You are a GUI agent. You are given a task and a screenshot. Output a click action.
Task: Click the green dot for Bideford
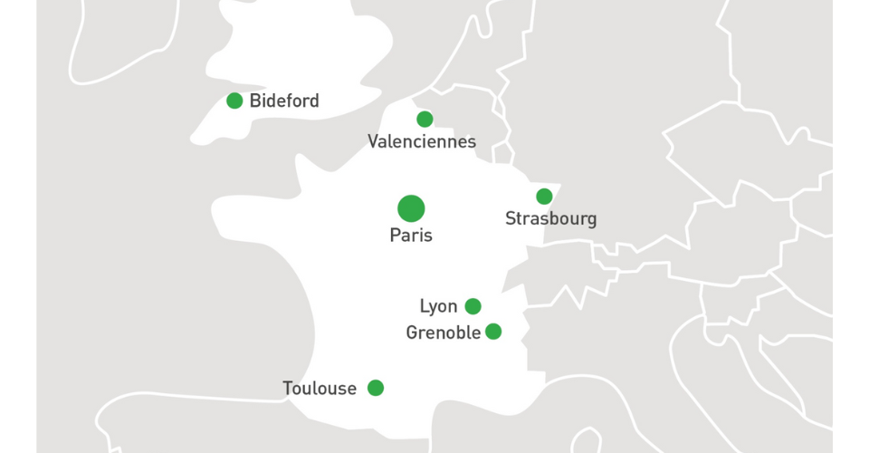(x=234, y=101)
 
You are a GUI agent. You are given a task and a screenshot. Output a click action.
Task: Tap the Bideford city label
(x=284, y=101)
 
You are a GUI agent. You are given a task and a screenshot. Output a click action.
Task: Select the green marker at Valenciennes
(x=425, y=119)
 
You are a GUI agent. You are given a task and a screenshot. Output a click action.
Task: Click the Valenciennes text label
(x=422, y=141)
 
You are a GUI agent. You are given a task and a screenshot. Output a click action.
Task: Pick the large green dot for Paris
(x=411, y=208)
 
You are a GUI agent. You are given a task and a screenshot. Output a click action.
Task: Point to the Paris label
(x=411, y=236)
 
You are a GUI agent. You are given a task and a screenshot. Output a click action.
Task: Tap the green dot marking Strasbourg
(x=544, y=197)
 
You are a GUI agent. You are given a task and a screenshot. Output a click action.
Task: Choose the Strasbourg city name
(x=551, y=219)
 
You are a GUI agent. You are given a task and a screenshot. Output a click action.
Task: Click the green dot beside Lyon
(x=473, y=306)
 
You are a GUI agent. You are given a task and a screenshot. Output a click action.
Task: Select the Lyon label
(x=439, y=306)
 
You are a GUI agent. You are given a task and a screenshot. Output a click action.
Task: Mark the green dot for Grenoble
(x=493, y=332)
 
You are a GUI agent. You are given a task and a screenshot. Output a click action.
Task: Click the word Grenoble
(x=444, y=333)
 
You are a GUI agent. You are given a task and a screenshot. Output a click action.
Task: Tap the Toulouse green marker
(x=376, y=388)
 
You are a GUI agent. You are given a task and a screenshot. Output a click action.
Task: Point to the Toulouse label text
(x=320, y=389)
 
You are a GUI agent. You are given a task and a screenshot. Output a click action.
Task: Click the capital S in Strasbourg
(x=511, y=219)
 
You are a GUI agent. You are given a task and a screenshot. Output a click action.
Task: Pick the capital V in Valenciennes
(x=373, y=141)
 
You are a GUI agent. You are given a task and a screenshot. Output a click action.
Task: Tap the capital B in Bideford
(x=254, y=101)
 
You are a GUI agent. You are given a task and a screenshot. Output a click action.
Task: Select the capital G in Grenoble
(x=412, y=333)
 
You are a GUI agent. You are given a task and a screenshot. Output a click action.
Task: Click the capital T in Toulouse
(x=288, y=389)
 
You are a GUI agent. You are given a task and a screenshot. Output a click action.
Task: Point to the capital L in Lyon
(x=424, y=306)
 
